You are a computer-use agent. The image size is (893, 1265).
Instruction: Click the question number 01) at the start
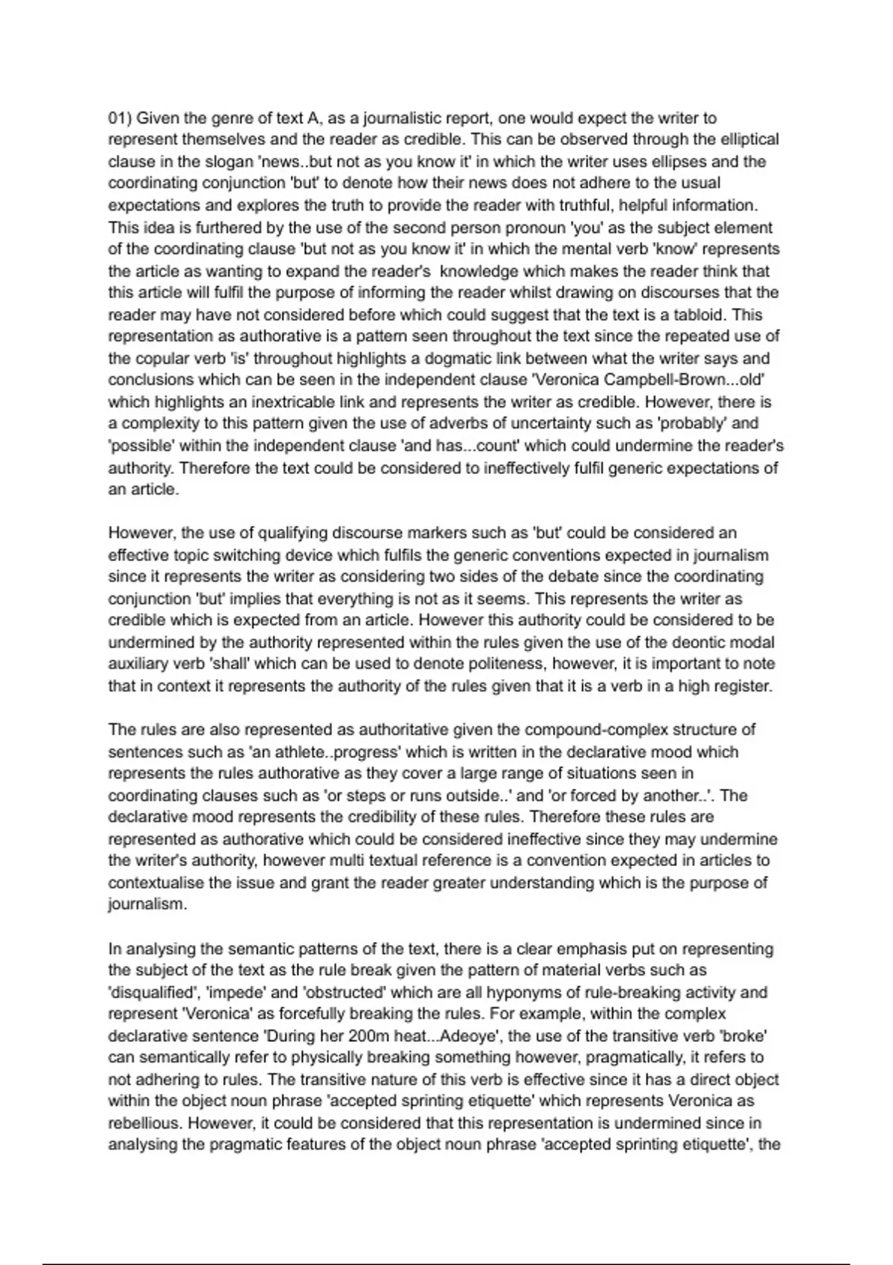(x=121, y=118)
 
